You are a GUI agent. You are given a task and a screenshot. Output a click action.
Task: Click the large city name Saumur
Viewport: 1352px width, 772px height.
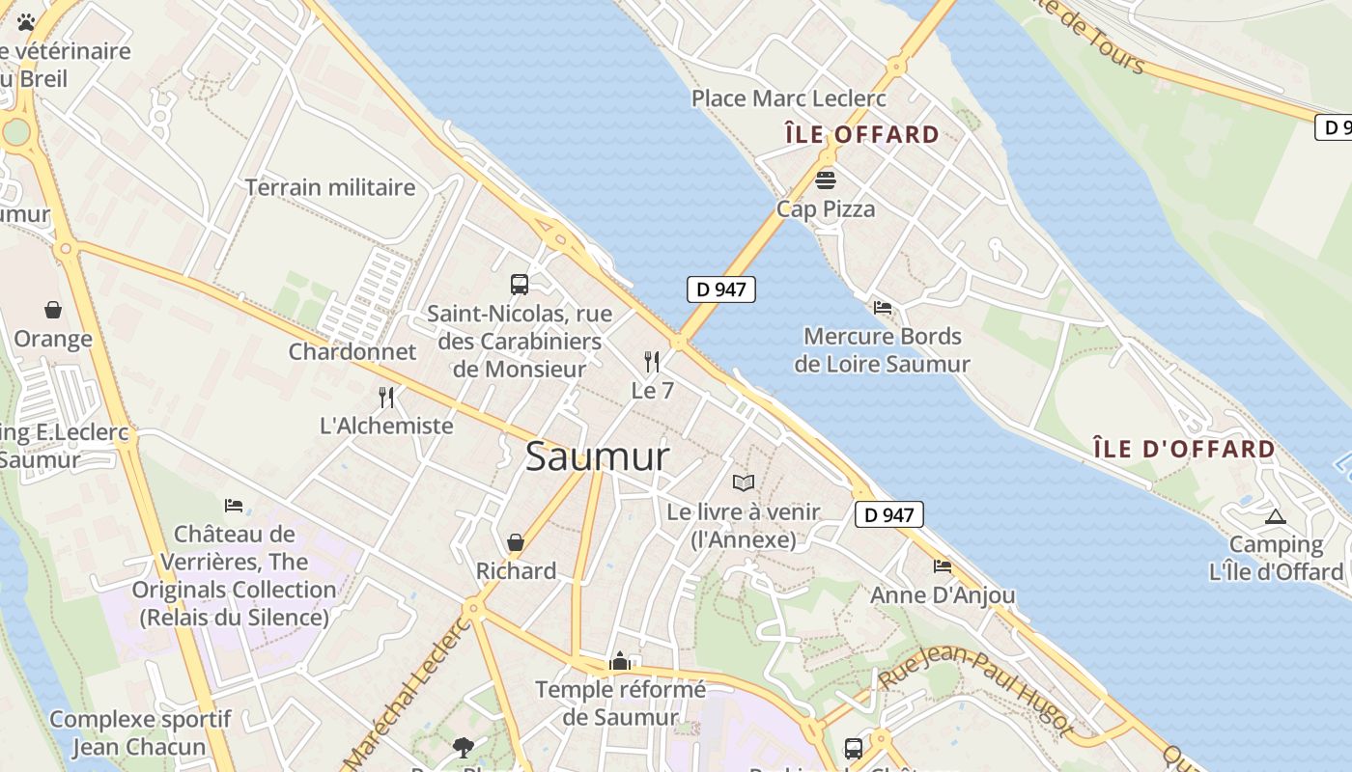[597, 457]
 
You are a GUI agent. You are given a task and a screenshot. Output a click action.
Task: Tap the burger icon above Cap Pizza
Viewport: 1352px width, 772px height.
[826, 179]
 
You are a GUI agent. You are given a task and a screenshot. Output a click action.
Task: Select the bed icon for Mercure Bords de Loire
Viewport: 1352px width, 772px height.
[883, 308]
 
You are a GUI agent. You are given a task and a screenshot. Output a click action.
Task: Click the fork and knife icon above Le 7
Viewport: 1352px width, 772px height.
[653, 362]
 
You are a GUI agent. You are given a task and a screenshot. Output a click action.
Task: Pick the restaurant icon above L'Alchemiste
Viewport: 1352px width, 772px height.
[386, 397]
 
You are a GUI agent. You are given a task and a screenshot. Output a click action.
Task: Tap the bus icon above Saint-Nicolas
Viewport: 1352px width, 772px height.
[520, 285]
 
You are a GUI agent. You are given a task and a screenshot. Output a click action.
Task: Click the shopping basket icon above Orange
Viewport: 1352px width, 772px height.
[53, 310]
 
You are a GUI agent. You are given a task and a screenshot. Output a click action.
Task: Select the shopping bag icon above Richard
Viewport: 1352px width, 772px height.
[516, 542]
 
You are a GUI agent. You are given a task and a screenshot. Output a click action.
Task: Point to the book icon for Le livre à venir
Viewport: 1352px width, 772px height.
[743, 482]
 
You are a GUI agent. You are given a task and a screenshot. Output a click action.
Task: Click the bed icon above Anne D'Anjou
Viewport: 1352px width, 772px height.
[943, 566]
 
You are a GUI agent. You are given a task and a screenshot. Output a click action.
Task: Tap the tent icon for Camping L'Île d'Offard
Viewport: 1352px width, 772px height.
[1276, 516]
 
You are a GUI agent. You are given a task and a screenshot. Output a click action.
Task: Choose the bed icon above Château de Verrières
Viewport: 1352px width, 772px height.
[234, 505]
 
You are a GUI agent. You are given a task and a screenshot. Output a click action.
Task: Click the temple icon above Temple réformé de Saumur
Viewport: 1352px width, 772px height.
[620, 661]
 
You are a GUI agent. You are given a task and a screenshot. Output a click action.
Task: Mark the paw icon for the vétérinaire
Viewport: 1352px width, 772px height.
[26, 21]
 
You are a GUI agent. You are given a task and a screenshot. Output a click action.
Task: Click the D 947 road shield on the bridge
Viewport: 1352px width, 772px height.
[721, 289]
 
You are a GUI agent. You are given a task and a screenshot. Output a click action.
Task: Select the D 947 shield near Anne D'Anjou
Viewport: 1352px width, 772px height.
[889, 514]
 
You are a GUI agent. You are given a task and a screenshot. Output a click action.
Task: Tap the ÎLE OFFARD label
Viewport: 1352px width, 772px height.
[861, 134]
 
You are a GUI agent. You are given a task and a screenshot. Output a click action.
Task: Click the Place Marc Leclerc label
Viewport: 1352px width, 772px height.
[789, 98]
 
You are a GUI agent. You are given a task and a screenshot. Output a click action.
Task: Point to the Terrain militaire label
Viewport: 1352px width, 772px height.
[330, 187]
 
